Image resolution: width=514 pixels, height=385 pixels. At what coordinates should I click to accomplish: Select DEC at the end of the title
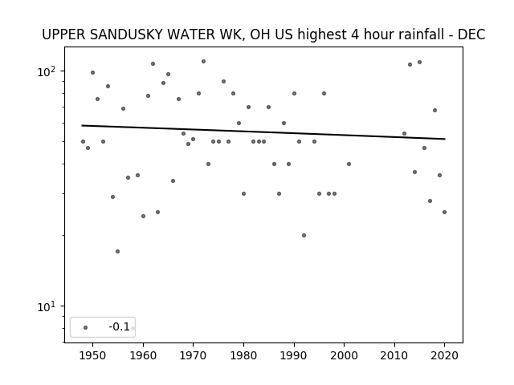[471, 34]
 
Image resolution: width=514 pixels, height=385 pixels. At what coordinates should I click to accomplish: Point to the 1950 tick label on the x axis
[93, 355]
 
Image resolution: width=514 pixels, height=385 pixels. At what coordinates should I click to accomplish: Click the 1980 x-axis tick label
[243, 355]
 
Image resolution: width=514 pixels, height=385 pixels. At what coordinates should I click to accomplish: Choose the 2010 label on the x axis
[394, 355]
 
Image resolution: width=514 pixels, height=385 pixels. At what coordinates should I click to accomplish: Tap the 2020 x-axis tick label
[444, 355]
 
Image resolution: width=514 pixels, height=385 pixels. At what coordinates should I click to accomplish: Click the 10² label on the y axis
[47, 71]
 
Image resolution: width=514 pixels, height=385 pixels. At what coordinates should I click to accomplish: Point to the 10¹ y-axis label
[47, 306]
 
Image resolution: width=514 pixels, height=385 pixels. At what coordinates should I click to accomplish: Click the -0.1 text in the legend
[120, 326]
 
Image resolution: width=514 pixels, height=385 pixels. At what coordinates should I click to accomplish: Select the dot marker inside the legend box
[86, 327]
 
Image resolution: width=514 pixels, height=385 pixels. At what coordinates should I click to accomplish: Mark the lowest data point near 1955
[118, 251]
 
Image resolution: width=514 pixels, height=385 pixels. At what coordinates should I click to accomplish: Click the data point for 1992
[304, 235]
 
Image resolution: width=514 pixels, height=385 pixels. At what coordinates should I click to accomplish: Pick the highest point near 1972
[203, 61]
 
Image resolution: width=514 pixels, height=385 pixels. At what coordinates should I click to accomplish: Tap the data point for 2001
[349, 164]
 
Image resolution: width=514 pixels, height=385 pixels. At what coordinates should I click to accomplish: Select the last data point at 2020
[444, 212]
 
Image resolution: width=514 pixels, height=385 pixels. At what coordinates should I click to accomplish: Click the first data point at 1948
[83, 141]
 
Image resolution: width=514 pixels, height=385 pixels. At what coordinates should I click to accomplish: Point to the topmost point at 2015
[419, 63]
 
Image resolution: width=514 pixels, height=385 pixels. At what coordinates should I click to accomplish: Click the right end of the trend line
[445, 139]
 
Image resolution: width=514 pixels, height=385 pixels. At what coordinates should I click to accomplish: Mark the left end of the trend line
[82, 125]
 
